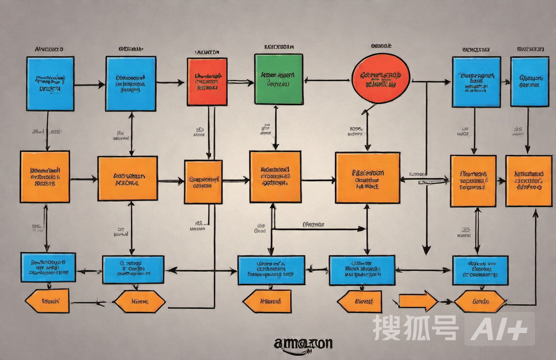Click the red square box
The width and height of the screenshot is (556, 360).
point(207,82)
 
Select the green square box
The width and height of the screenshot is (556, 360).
point(278,79)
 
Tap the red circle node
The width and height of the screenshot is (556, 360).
point(381,78)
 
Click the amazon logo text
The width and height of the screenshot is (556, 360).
point(303,343)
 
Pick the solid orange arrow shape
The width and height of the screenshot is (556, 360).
point(418,301)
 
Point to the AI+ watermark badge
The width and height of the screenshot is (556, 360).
point(499,329)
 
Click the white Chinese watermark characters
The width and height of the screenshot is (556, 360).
point(416,328)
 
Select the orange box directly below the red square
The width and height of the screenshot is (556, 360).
point(203,181)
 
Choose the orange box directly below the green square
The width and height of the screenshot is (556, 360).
point(275,177)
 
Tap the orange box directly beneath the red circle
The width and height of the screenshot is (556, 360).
point(368,178)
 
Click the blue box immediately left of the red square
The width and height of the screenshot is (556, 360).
point(131,83)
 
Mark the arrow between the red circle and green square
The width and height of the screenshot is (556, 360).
point(327,80)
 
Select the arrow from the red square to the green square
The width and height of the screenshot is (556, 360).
point(240,82)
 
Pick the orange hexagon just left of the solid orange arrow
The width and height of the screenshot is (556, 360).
point(359,301)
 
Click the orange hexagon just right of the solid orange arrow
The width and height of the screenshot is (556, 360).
point(480,301)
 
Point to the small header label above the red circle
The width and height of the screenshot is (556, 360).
point(381,46)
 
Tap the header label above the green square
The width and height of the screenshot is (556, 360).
point(278,47)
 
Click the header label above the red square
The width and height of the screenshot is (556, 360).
point(207,51)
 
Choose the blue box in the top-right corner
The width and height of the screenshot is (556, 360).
point(530,81)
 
